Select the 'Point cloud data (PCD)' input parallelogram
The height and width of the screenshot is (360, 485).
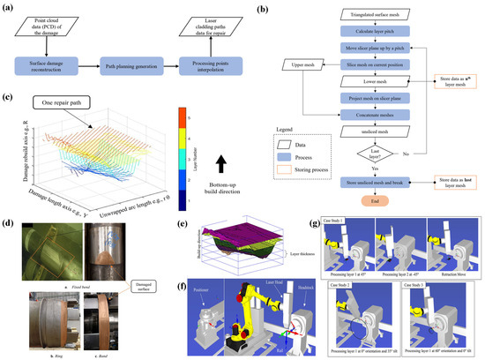(47, 25)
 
